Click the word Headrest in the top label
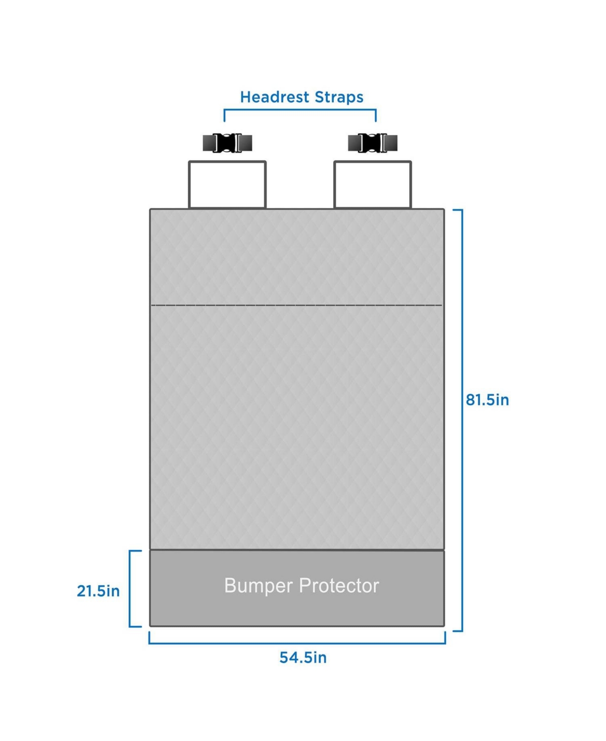point(275,97)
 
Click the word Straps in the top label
point(339,98)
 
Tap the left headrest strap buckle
point(228,143)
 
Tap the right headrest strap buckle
point(373,143)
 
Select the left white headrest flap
point(227,184)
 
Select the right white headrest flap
point(373,184)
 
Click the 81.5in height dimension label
point(487,400)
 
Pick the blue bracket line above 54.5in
point(297,643)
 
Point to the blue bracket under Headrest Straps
point(300,110)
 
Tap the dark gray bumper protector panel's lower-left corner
point(150,626)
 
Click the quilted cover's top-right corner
point(444,210)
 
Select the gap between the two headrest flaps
point(300,185)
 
